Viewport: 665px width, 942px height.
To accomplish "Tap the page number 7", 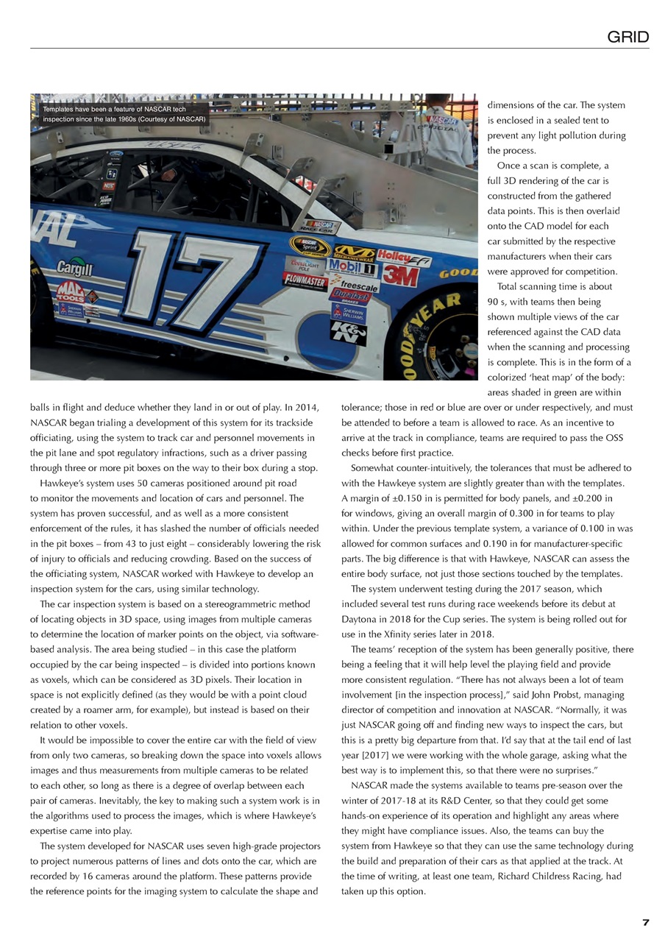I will (x=645, y=923).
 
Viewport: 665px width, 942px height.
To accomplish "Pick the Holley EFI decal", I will (x=404, y=258).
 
